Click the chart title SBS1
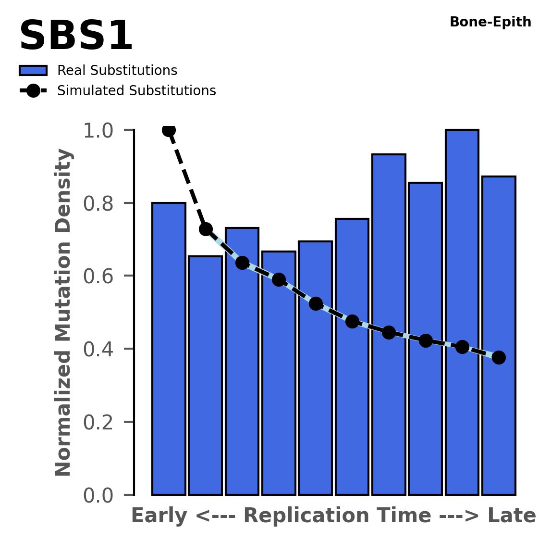75,37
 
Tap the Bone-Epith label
490,22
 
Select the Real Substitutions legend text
117,71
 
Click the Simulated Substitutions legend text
136,91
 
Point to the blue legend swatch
33,71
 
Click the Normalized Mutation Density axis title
63,313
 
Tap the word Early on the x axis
159,516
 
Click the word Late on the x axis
512,516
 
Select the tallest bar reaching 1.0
462,313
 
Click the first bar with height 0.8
169,349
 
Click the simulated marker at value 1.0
169,130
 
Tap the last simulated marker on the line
498,357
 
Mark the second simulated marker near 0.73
206,229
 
